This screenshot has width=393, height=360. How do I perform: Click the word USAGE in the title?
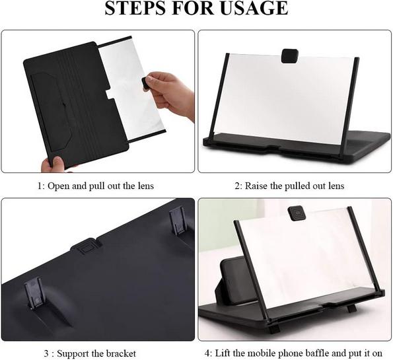254,8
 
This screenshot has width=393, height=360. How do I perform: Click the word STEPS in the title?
135,8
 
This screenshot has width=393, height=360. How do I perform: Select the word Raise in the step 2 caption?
256,186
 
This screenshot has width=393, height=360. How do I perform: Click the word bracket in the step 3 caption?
121,353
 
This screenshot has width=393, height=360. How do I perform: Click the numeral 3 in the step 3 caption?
46,354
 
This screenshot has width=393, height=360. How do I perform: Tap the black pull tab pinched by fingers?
145,83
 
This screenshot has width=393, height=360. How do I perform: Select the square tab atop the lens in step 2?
290,56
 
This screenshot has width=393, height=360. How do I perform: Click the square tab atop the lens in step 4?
296,213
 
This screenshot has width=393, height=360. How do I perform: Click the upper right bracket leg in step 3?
178,222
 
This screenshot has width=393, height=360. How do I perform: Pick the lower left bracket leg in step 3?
34,293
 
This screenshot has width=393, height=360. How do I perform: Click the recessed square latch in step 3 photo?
85,246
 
